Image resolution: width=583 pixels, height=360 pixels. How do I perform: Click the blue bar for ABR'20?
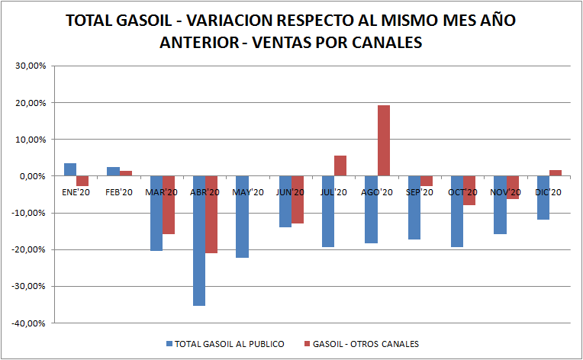[x=199, y=240]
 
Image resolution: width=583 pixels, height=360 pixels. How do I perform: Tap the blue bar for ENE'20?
[x=70, y=169]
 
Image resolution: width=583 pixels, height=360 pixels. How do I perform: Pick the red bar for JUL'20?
[x=340, y=166]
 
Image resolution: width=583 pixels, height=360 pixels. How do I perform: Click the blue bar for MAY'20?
[x=242, y=217]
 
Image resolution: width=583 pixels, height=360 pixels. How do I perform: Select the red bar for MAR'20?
[x=169, y=204]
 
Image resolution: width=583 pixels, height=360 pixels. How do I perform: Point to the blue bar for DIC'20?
[x=543, y=198]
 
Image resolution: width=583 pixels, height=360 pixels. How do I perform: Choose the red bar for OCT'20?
[x=469, y=191]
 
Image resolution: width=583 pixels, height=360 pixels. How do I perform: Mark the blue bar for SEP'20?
[x=414, y=207]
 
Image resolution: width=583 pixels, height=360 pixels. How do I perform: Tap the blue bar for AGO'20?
[x=371, y=209]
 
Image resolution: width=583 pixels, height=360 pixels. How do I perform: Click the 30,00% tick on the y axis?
[x=31, y=66]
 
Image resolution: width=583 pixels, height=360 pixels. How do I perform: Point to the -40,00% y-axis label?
[x=30, y=323]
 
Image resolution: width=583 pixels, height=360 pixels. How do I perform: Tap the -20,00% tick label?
[x=30, y=249]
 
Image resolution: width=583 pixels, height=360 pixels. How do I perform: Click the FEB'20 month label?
[x=119, y=193]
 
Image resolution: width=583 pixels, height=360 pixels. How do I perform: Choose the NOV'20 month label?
[x=506, y=193]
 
